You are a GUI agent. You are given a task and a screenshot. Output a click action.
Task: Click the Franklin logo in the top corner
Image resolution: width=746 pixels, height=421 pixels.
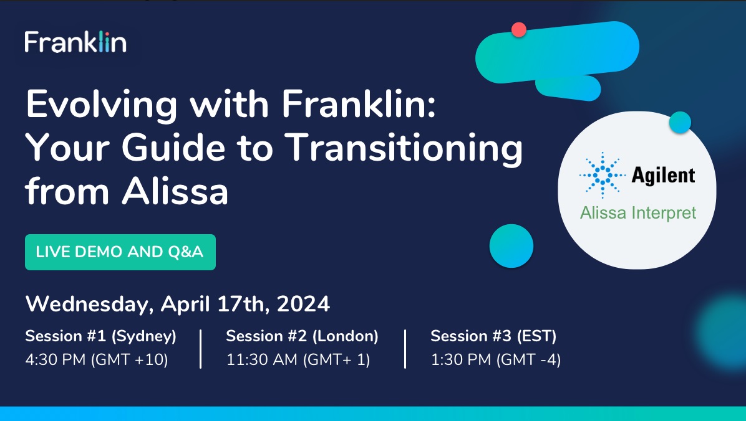pos(75,41)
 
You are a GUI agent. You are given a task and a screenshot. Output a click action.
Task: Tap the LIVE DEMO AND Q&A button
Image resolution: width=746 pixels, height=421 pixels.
pos(120,252)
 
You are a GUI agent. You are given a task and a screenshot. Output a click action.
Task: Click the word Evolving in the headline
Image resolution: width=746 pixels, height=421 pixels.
pos(102,105)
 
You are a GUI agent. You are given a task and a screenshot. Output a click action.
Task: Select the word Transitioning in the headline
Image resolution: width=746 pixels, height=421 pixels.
pos(405,148)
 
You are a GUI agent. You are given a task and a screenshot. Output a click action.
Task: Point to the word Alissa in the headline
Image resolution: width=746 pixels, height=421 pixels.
pos(175,191)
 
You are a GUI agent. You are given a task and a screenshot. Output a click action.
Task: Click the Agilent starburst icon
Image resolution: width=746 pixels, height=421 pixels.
pos(603,175)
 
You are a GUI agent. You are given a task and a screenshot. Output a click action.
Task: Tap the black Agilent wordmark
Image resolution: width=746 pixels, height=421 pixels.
pos(663,175)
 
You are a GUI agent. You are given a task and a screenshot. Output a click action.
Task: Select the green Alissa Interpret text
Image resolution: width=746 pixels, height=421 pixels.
pos(638,212)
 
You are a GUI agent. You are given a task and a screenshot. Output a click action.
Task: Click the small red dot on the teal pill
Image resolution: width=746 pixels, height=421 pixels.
pos(518,30)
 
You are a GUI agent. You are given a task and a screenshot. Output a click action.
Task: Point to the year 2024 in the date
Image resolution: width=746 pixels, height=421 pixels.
pos(304,304)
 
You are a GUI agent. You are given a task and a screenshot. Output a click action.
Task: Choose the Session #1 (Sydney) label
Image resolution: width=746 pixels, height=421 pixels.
pos(101,336)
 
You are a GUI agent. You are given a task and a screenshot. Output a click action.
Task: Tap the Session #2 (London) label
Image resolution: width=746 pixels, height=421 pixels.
pos(302,336)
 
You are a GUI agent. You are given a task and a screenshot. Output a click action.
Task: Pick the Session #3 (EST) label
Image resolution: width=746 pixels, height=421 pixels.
pos(493,336)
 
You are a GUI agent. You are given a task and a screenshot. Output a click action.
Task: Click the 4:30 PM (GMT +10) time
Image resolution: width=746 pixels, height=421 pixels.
pos(97,360)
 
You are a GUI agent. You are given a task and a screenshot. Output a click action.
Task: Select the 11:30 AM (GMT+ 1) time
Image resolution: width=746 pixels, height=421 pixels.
pos(298,360)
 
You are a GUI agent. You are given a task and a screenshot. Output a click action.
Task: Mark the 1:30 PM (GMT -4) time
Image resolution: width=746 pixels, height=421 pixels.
pos(496,360)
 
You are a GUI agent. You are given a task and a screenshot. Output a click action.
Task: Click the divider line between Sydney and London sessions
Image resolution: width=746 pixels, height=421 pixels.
pos(201,349)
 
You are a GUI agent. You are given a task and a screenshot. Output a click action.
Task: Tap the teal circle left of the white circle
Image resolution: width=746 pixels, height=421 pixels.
pos(511,246)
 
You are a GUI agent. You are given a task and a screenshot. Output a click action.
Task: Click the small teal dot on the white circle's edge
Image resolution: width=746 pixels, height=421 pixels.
pos(680,123)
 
